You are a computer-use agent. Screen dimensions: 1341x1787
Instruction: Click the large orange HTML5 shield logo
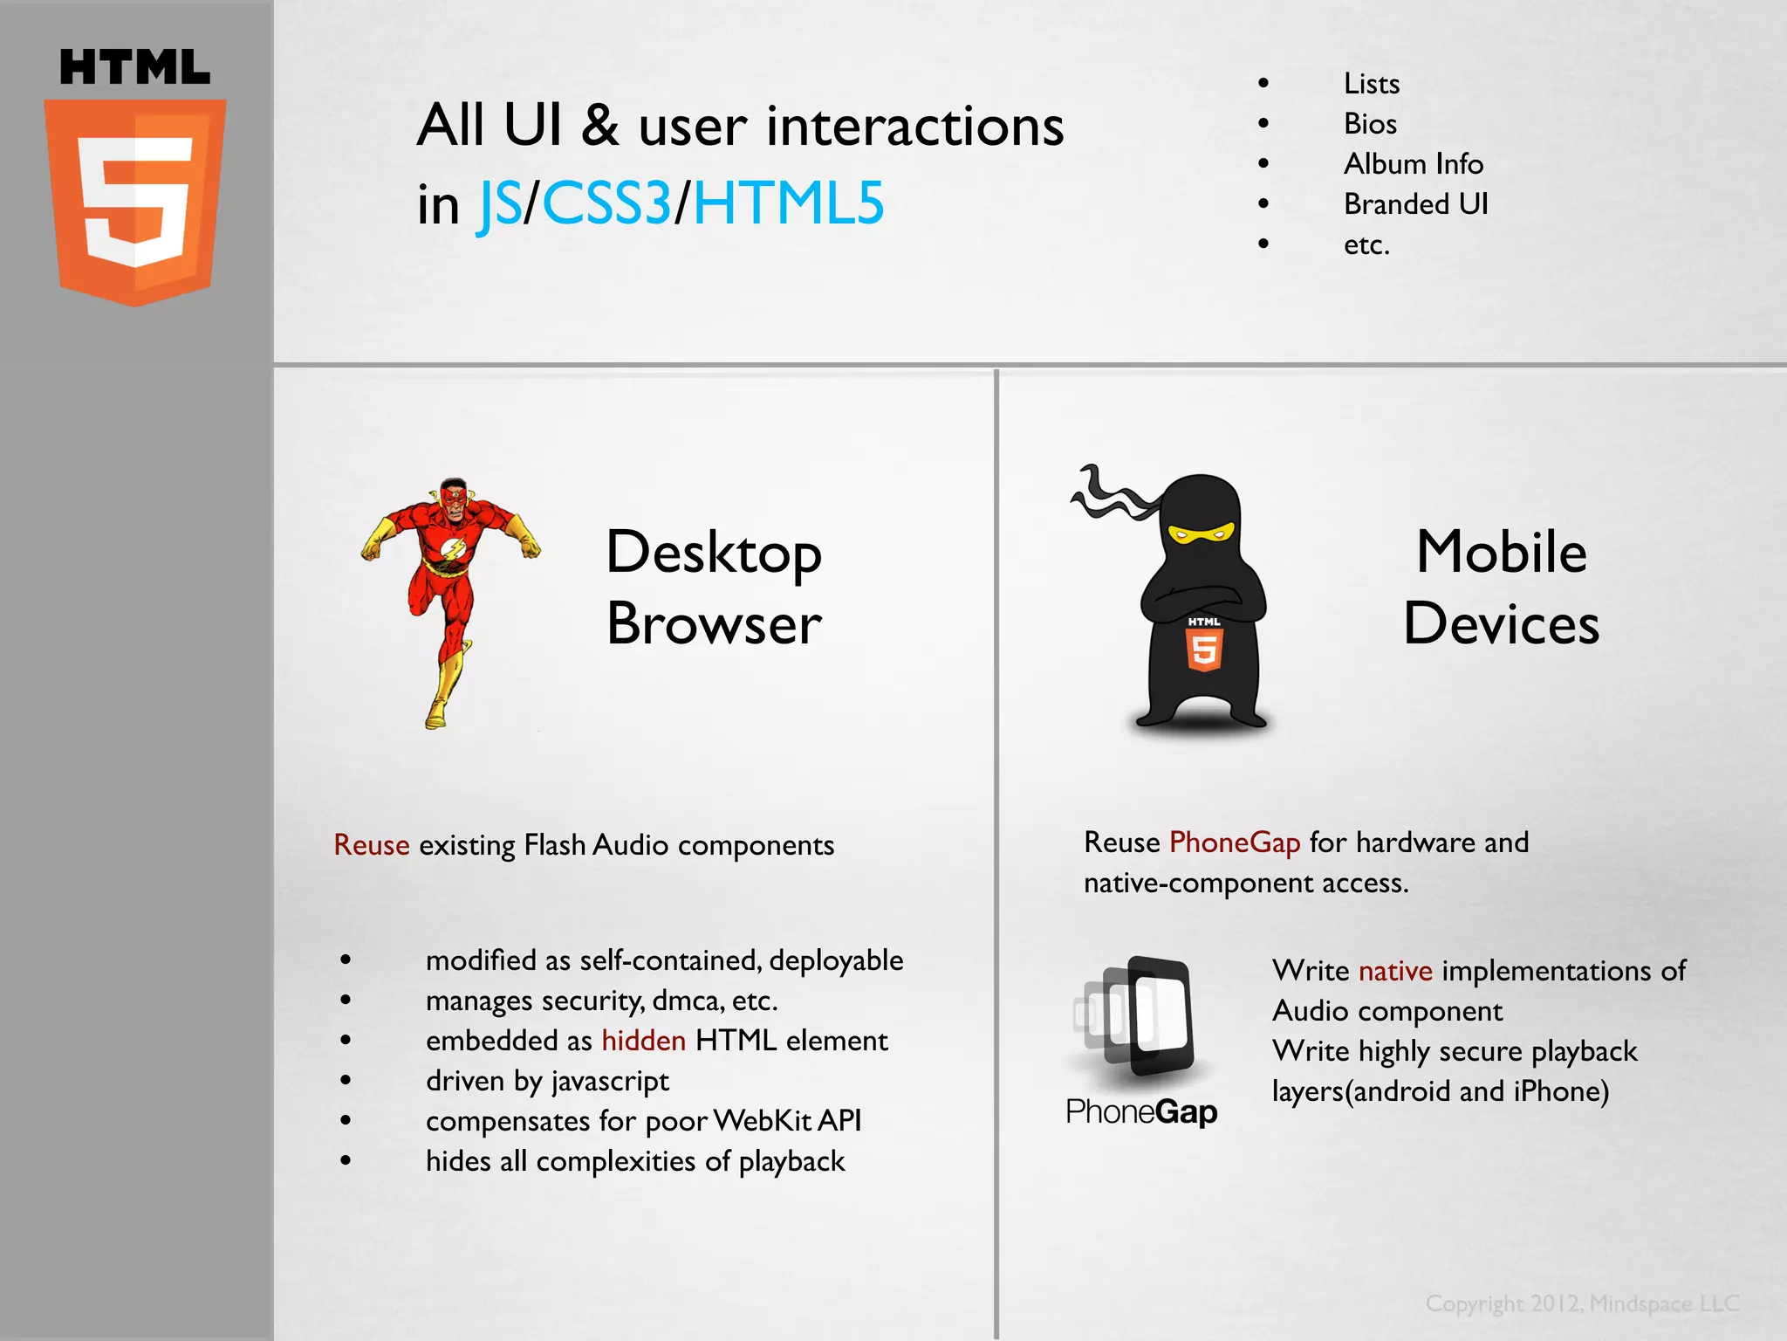point(135,202)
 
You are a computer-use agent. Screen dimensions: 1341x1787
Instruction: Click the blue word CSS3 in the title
point(606,203)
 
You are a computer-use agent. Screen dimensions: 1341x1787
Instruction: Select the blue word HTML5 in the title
point(789,203)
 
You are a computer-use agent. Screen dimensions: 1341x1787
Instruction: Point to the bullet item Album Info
point(1413,164)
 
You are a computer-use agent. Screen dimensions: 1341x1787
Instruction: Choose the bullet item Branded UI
point(1415,204)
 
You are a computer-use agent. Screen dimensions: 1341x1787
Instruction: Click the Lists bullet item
point(1372,84)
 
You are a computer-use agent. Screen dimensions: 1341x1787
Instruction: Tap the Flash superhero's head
point(453,497)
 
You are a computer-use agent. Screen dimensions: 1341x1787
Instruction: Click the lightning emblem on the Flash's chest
point(453,550)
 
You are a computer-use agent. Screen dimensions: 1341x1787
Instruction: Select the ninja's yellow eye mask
point(1201,532)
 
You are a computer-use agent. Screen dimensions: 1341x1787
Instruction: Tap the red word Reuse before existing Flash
point(372,845)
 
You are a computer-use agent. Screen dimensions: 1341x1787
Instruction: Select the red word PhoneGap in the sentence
point(1235,842)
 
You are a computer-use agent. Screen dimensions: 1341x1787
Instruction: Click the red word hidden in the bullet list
point(644,1041)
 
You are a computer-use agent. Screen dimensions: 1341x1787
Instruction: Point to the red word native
point(1395,971)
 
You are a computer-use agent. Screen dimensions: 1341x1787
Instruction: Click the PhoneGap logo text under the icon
point(1141,1112)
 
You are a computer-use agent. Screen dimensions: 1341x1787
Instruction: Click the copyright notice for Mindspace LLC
point(1582,1303)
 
